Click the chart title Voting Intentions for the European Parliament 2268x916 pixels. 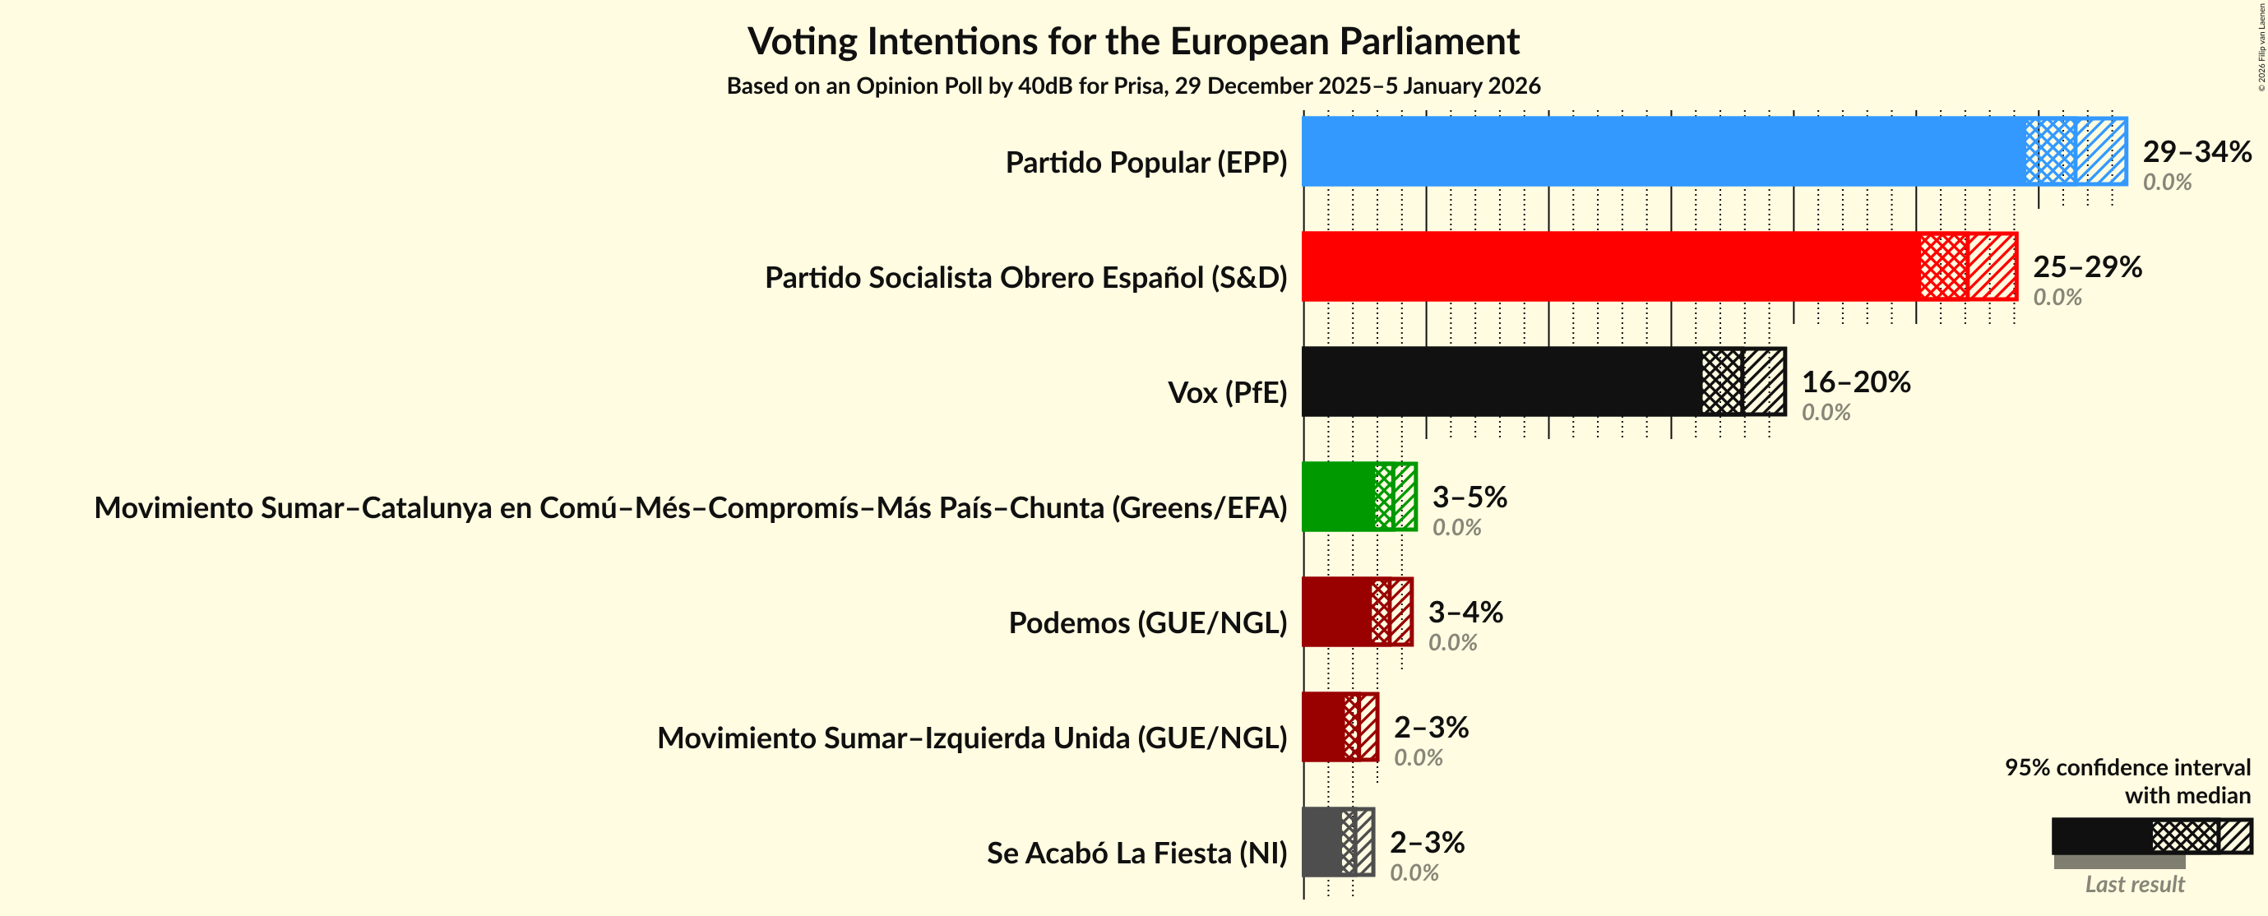(1133, 41)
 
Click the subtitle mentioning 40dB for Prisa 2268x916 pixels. (1133, 86)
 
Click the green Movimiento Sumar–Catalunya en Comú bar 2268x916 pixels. (1337, 497)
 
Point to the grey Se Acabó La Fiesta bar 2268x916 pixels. (1321, 842)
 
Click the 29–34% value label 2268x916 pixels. (2196, 151)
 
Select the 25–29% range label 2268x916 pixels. (2086, 267)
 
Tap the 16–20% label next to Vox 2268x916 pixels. (1856, 382)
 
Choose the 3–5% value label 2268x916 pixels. (1470, 497)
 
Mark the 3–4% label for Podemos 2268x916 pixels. (1465, 612)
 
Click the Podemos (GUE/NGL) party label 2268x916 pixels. (1147, 622)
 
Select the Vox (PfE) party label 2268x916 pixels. (1226, 393)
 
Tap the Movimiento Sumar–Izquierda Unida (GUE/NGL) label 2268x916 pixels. (972, 738)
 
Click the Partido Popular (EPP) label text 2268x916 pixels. (1146, 163)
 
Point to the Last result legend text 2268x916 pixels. (2134, 884)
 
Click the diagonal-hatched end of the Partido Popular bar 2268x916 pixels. (2102, 151)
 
